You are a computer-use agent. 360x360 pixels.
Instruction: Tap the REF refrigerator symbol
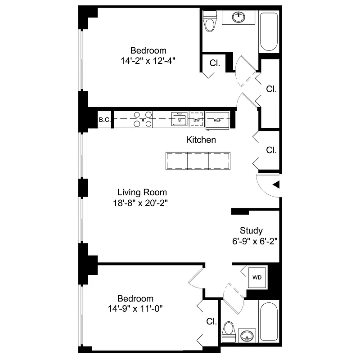pyautogui.click(x=217, y=120)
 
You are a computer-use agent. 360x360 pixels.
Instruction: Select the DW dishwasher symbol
pyautogui.click(x=196, y=120)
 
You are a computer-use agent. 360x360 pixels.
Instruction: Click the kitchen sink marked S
pyautogui.click(x=179, y=120)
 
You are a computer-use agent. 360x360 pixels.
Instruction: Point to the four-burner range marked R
pyautogui.click(x=143, y=120)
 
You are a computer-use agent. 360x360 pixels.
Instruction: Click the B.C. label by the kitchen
pyautogui.click(x=104, y=120)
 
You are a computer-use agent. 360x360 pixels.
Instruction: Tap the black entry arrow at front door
pyautogui.click(x=276, y=184)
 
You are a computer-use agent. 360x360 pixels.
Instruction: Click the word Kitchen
pyautogui.click(x=201, y=140)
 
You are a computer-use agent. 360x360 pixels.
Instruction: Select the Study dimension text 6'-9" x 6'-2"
pyautogui.click(x=252, y=241)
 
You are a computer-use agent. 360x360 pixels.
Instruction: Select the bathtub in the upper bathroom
pyautogui.click(x=269, y=31)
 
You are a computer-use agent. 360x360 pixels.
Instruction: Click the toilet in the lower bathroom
pyautogui.click(x=229, y=329)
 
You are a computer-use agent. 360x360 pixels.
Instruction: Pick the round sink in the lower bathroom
pyautogui.click(x=246, y=336)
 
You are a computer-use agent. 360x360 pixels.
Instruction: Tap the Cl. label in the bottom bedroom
pyautogui.click(x=212, y=322)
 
